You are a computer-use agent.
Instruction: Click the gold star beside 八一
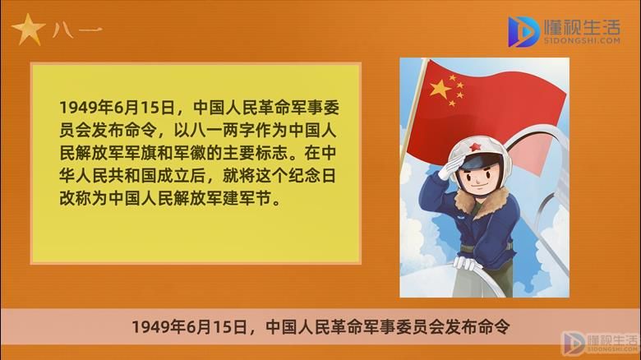[x=28, y=30]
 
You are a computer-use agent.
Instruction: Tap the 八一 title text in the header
[x=77, y=30]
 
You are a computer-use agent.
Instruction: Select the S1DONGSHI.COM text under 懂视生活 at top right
[x=582, y=40]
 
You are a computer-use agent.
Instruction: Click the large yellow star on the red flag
[x=440, y=89]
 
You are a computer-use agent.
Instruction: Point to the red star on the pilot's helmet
[x=474, y=146]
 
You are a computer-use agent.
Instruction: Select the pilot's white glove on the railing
[x=465, y=263]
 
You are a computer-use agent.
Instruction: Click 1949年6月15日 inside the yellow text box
[x=118, y=108]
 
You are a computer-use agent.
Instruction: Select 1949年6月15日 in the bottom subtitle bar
[x=189, y=327]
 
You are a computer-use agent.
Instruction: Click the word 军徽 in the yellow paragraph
[x=190, y=153]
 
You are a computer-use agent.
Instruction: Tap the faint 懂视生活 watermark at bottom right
[x=612, y=339]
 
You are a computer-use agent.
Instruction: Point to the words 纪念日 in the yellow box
[x=312, y=176]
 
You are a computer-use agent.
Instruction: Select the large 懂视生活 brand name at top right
[x=582, y=27]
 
